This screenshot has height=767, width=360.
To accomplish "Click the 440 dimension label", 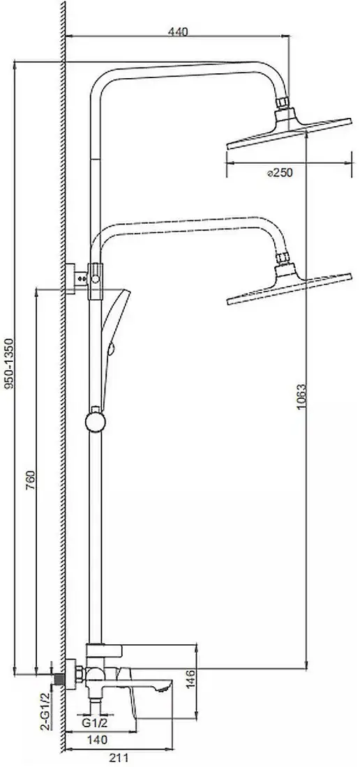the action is (x=177, y=32).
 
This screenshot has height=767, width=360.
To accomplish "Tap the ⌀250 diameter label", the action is (x=280, y=172).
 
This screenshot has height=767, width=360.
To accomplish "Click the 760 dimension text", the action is (x=30, y=481).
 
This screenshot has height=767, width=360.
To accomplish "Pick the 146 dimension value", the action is (x=190, y=680).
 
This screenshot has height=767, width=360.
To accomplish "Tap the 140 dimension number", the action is (x=98, y=740).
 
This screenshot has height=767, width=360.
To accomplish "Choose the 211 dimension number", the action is (x=118, y=758).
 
